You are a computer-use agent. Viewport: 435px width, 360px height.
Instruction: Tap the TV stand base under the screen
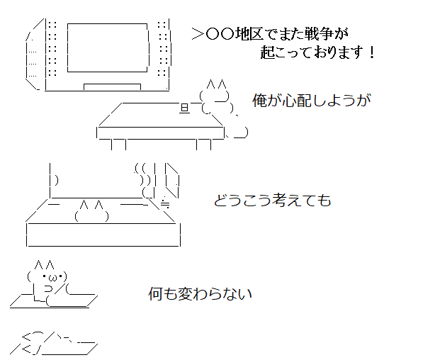tap(113, 86)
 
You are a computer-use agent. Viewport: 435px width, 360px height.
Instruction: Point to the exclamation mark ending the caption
tap(372, 52)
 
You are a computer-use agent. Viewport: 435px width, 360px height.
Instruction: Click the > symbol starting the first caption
tap(198, 35)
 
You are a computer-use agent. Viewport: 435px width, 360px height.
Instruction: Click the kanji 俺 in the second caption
tap(259, 101)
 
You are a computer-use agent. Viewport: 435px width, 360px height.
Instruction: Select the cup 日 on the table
tap(185, 108)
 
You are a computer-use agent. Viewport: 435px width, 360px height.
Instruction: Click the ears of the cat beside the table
tap(216, 84)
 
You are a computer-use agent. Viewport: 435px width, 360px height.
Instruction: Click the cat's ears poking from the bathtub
tap(91, 205)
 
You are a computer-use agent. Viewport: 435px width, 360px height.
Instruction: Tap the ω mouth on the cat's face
tap(52, 277)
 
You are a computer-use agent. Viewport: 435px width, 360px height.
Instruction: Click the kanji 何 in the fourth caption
tap(155, 293)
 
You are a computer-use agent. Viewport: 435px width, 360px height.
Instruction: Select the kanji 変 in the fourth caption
tap(185, 293)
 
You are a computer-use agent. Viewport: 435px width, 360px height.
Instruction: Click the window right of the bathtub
tap(172, 181)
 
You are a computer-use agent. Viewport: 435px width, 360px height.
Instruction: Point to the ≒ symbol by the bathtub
tap(165, 203)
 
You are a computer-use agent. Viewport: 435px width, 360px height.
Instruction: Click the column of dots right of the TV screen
tap(164, 48)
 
